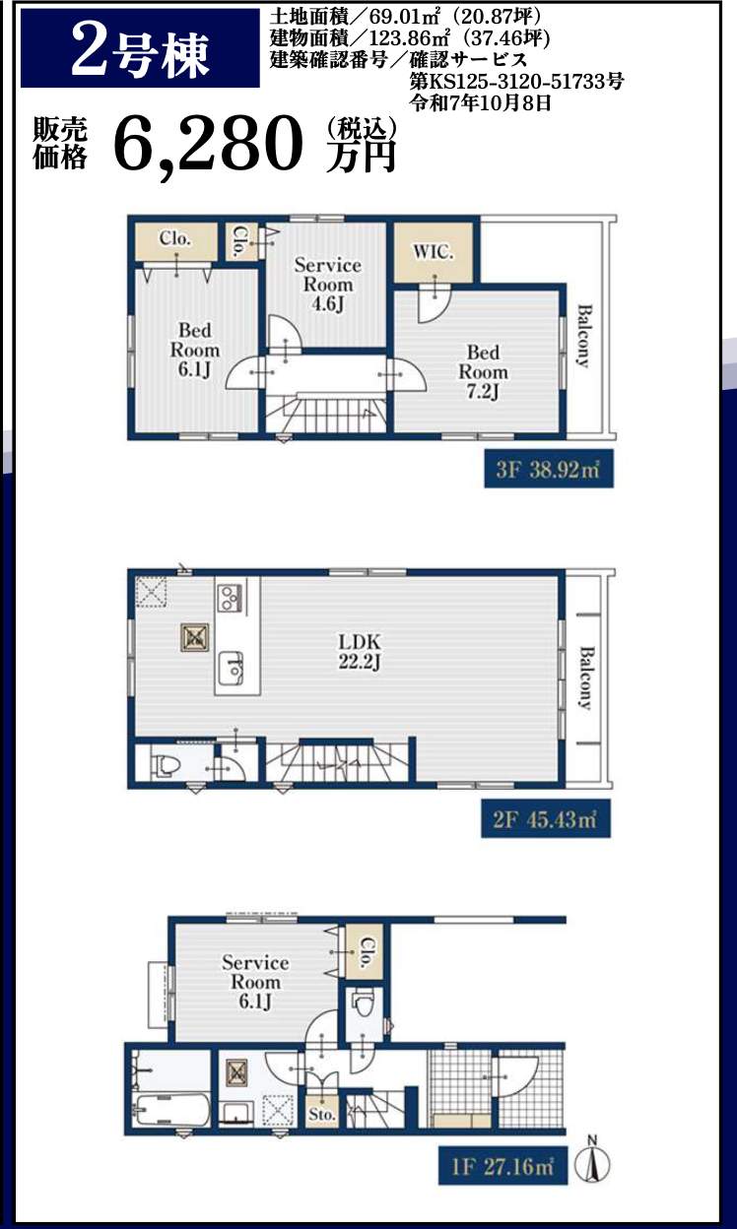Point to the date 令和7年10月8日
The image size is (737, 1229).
point(480,102)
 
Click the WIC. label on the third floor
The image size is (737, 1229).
point(434,252)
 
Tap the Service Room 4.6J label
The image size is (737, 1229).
point(328,285)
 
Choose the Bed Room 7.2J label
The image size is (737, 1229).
point(483,371)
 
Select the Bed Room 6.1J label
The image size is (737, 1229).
point(195,350)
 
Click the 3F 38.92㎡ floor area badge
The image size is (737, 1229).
point(549,469)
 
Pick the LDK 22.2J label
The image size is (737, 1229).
point(360,651)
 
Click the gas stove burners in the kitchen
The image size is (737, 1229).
point(231,597)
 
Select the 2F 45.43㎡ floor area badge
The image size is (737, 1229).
point(546,819)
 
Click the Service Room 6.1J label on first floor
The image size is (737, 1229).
point(255,982)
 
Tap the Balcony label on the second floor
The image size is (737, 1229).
point(586,679)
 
